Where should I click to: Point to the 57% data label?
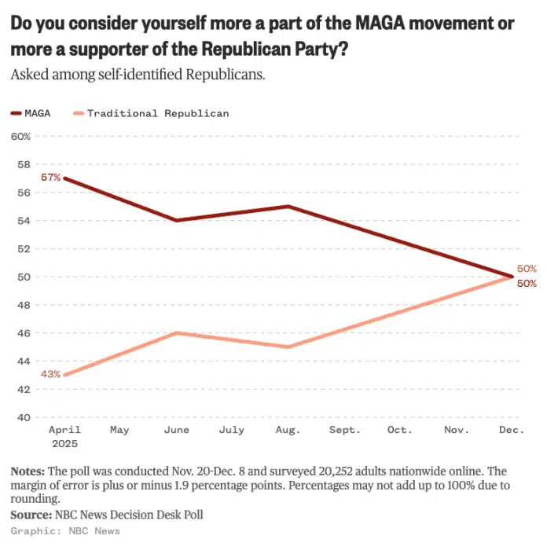click(51, 178)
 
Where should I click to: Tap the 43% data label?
click(51, 375)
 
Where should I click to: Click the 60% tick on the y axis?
click(20, 136)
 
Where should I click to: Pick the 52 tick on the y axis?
click(24, 248)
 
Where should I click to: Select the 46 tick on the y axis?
click(24, 333)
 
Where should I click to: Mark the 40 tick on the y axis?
click(24, 417)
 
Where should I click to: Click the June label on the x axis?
click(176, 430)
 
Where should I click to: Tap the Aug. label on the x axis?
click(288, 430)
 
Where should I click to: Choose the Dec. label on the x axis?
click(512, 430)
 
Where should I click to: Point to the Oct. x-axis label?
click(400, 430)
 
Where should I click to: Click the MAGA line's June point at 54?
click(176, 220)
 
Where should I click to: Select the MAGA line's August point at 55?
click(288, 207)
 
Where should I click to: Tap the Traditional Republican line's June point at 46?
click(176, 333)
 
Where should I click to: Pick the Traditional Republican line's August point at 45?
click(288, 347)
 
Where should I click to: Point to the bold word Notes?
click(28, 471)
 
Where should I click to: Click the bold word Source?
click(31, 515)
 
